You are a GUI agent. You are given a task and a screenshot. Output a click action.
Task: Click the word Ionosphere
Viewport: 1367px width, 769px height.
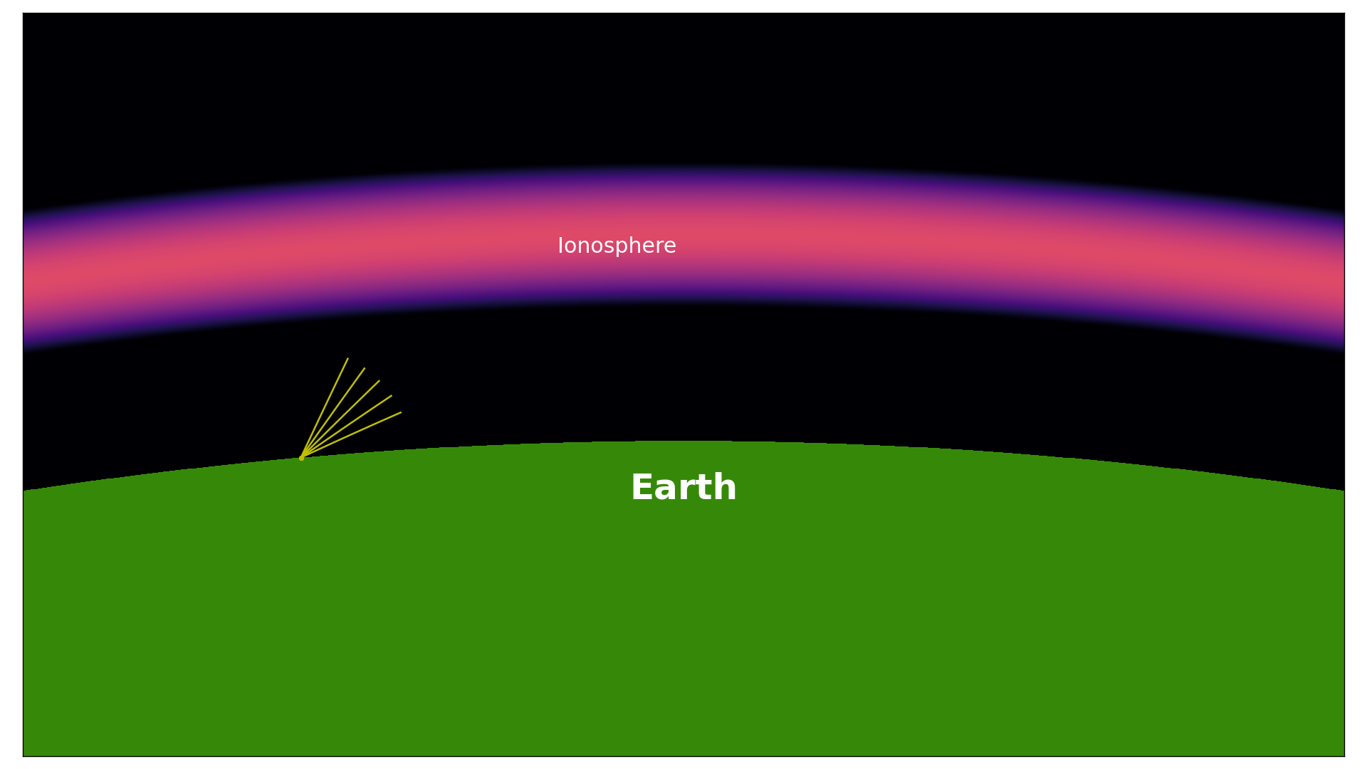617,246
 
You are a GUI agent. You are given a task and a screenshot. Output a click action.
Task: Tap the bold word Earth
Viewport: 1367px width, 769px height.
683,488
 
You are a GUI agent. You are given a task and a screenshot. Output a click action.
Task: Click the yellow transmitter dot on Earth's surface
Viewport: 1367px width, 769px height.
301,458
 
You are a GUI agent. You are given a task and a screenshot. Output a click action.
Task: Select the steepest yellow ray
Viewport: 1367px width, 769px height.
325,408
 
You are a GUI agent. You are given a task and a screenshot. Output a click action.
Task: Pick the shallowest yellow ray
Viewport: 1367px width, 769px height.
351,435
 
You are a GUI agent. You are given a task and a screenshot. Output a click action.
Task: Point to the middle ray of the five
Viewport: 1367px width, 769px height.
340,419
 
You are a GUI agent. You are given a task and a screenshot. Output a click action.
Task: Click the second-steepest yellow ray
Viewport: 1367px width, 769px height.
333,413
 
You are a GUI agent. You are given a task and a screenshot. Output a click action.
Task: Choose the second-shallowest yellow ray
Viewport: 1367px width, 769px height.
347,427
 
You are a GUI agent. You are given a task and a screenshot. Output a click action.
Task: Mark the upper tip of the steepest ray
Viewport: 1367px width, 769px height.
348,358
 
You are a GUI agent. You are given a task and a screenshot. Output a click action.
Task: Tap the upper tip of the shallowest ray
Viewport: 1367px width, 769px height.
402,412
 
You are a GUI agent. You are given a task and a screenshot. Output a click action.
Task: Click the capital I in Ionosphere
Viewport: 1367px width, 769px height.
560,246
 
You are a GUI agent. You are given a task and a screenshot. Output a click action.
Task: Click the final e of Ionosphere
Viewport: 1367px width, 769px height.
670,248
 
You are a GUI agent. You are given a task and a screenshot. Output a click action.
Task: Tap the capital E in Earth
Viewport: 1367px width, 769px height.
642,488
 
